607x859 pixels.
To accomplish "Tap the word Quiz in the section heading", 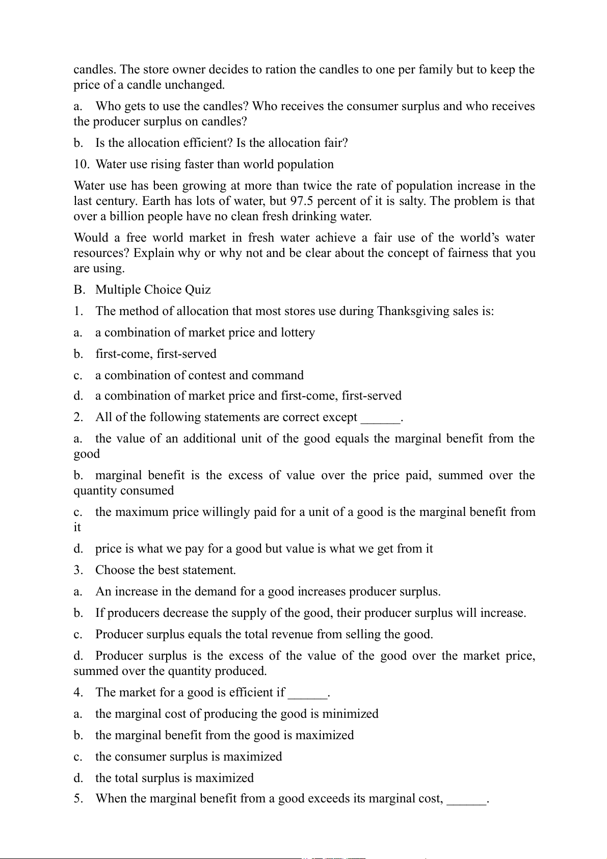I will click(198, 290).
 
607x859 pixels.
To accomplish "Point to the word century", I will click(116, 201).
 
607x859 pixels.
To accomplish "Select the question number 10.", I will click(81, 164).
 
